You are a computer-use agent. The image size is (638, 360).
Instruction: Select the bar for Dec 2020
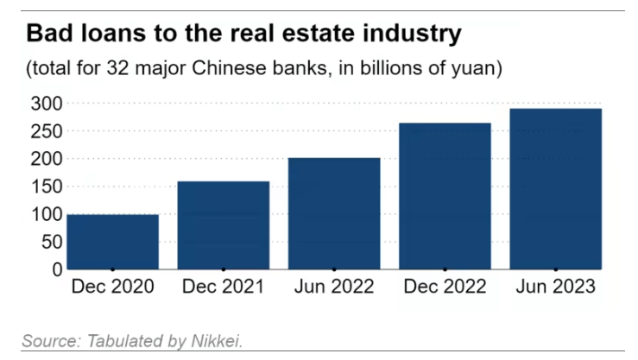112,242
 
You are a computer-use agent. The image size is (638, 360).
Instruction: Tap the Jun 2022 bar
334,213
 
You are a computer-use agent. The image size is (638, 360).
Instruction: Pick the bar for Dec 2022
445,196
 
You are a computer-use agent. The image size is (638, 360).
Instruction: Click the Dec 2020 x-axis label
112,287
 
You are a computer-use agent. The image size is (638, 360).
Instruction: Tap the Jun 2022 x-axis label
334,287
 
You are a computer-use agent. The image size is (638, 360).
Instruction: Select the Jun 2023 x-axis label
555,287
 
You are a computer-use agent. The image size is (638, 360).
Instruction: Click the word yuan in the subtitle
474,67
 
